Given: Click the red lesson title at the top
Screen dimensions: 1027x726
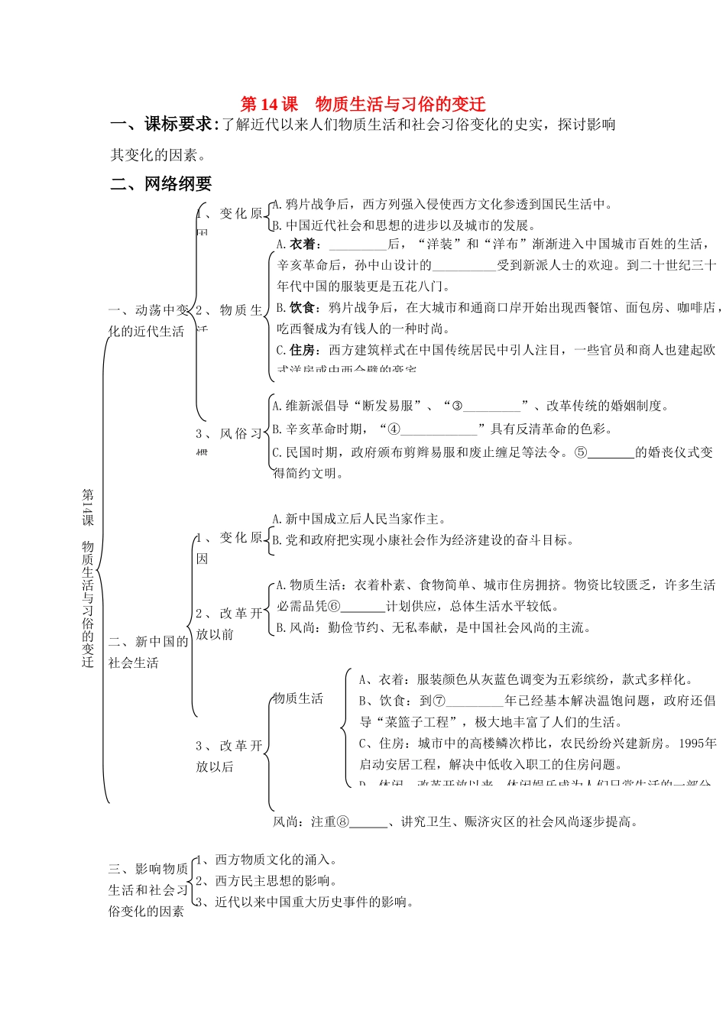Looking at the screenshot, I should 363,104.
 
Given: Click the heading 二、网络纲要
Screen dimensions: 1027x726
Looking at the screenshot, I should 161,183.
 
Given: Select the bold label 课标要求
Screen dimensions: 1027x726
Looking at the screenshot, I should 178,124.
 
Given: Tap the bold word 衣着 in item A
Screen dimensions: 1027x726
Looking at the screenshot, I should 303,244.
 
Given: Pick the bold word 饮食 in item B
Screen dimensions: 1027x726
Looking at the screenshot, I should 303,307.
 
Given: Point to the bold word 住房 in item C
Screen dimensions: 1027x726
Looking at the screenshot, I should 303,350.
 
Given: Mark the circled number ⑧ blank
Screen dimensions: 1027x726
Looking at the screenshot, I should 361,821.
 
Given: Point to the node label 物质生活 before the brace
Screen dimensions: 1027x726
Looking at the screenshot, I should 299,698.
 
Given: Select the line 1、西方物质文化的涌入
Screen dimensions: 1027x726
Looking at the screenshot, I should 267,860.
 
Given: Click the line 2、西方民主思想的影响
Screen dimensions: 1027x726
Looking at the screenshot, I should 267,880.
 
